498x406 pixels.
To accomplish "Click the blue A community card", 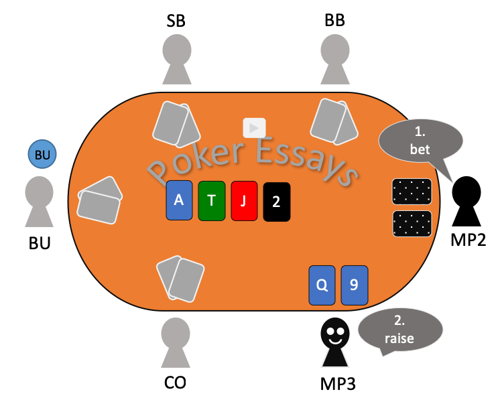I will pos(179,200).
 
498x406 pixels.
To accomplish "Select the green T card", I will pos(211,200).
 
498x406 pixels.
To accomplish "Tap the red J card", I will pos(244,201).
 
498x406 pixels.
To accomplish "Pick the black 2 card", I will pos(277,202).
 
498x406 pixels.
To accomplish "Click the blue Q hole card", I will pos(322,285).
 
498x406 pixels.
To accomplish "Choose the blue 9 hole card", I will pos(355,285).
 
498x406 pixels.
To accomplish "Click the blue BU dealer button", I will pos(42,155).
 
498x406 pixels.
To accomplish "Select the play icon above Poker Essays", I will pos(254,128).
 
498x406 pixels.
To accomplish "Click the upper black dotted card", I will pos(412,192).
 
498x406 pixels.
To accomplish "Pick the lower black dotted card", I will pos(412,224).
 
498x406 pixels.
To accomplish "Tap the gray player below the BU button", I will pos(39,200).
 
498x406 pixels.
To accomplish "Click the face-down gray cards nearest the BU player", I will pos(99,200).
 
